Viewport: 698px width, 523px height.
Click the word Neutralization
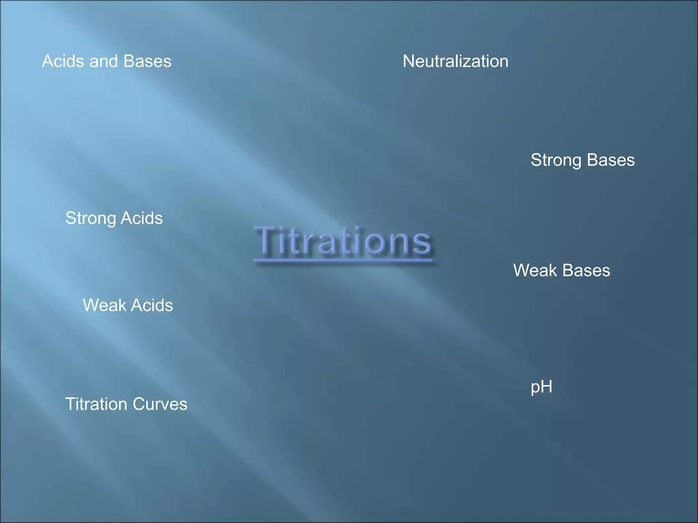pyautogui.click(x=455, y=62)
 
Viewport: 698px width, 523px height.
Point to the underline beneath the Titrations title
pyautogui.click(x=343, y=261)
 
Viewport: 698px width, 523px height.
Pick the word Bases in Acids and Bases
pyautogui.click(x=147, y=62)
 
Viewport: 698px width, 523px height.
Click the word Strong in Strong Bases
pyautogui.click(x=556, y=160)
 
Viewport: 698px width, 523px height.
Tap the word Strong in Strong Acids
pyautogui.click(x=90, y=219)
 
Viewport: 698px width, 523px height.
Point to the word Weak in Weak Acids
pyautogui.click(x=104, y=305)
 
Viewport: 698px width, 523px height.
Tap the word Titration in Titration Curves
pyautogui.click(x=96, y=405)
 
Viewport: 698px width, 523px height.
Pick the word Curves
pyautogui.click(x=160, y=405)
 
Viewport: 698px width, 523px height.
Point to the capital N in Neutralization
pyautogui.click(x=409, y=62)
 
